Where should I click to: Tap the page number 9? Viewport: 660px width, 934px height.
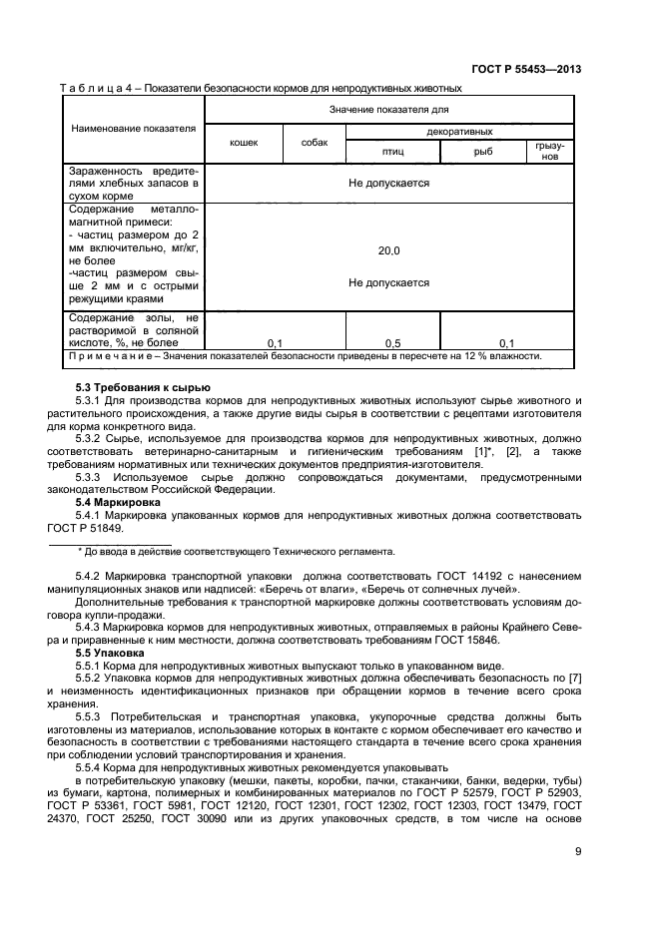click(578, 851)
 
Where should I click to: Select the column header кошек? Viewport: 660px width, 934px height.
click(244, 143)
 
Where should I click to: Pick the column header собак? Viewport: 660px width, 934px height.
click(315, 143)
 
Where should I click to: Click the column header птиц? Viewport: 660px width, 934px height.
click(392, 152)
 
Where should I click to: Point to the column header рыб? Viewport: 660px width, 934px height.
click(483, 152)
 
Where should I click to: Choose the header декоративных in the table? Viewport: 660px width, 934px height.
click(459, 131)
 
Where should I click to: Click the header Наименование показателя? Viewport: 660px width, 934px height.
click(133, 129)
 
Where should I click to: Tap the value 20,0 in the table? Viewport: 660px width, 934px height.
click(388, 250)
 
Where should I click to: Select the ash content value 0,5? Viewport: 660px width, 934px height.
click(393, 341)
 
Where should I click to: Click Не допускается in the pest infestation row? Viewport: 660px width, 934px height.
click(388, 184)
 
